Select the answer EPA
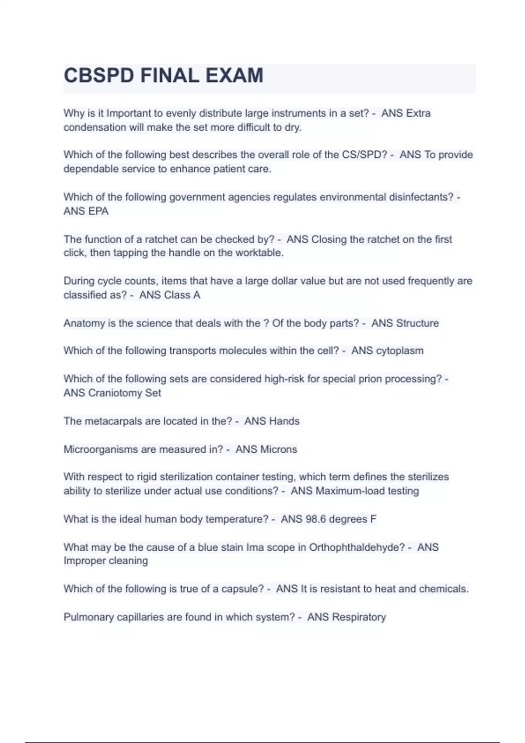(x=98, y=211)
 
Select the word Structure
(x=417, y=323)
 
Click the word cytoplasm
(x=399, y=351)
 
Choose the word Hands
(x=284, y=421)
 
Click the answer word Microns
(x=278, y=449)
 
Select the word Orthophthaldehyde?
(x=357, y=547)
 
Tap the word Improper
(x=82, y=561)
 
